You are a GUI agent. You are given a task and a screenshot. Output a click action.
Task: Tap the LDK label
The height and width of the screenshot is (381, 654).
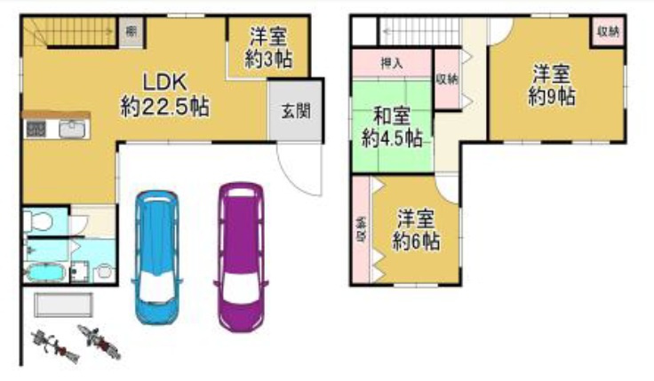click(x=164, y=82)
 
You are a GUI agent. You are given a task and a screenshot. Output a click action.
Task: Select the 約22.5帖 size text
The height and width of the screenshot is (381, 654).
click(x=165, y=107)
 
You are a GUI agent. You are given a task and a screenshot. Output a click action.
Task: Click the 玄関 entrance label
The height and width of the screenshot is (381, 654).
click(x=296, y=112)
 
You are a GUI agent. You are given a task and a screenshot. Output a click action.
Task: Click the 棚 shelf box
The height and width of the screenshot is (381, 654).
click(x=131, y=33)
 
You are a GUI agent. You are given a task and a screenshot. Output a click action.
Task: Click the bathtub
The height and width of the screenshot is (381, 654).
click(x=49, y=270)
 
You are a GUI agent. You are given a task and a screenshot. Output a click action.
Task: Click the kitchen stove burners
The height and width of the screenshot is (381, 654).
click(x=36, y=130)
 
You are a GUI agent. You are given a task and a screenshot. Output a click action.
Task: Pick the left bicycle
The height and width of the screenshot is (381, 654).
click(x=52, y=345)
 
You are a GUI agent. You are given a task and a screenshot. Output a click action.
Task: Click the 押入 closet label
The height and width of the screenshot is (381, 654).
click(x=391, y=64)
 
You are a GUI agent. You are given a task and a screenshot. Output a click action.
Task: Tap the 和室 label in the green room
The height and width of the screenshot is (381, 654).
click(x=391, y=115)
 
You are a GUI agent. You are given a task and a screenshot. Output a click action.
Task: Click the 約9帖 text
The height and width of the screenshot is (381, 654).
click(x=551, y=95)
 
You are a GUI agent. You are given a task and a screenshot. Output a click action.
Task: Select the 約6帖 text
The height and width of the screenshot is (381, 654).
click(x=416, y=241)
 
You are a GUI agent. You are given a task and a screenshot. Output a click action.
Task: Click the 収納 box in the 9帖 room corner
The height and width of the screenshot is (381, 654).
click(x=608, y=31)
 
